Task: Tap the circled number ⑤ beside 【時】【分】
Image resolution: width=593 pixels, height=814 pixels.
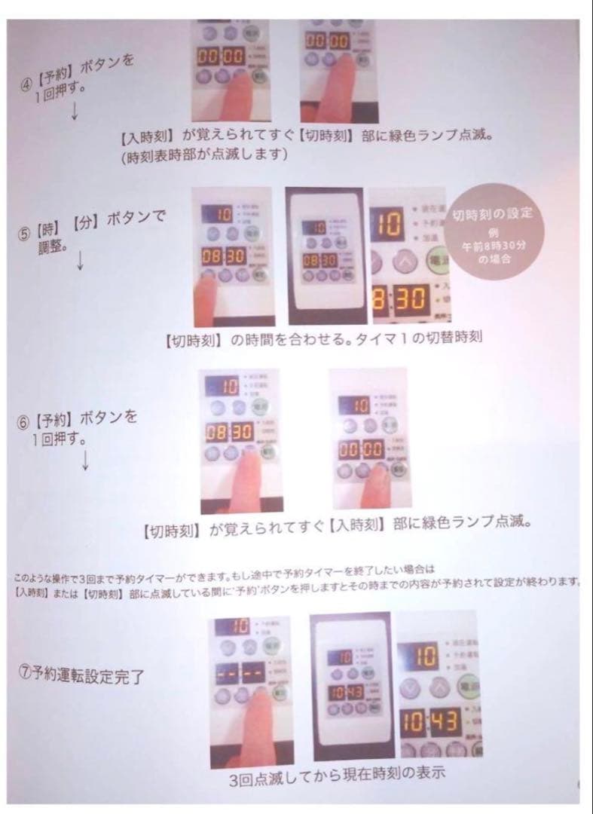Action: coord(24,232)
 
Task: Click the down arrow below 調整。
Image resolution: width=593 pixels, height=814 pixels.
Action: coord(80,260)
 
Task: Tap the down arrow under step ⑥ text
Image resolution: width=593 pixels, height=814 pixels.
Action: coord(84,461)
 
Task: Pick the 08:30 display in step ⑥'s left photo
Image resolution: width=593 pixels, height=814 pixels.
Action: coord(228,433)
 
